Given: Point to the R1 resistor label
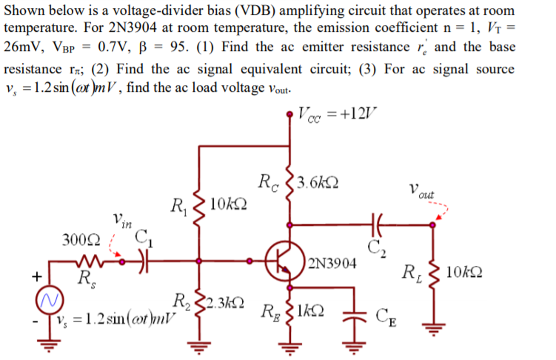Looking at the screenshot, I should (x=178, y=204).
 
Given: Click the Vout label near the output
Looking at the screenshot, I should (x=422, y=189).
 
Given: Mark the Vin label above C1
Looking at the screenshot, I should (x=122, y=219).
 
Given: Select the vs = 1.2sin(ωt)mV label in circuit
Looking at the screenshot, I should (x=117, y=324).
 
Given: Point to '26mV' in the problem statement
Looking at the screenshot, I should (x=24, y=46).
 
